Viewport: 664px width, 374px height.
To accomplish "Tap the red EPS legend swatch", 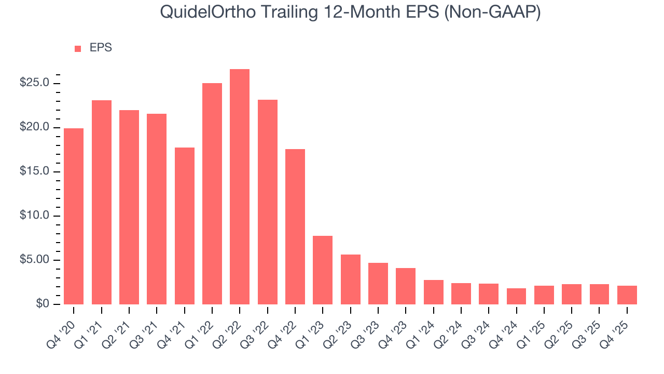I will pos(78,48).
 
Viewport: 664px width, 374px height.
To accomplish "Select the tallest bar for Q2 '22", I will pos(240,186).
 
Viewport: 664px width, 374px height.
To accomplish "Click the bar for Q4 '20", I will pos(74,216).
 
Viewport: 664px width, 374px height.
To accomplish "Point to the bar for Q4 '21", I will pos(185,226).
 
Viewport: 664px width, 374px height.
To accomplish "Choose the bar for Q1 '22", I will pos(212,193).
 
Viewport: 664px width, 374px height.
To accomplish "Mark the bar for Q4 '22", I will pos(295,226).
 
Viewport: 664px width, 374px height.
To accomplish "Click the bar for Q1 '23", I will pos(323,270).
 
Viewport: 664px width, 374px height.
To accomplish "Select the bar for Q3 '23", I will pos(378,284).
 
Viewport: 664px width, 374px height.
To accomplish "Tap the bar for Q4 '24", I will pos(516,296).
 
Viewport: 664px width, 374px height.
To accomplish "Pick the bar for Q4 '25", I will pos(627,295).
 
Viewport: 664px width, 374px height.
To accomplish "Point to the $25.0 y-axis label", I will pos(34,83).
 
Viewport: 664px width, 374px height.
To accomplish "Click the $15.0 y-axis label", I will pos(34,171).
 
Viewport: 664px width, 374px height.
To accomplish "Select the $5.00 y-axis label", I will pos(34,260).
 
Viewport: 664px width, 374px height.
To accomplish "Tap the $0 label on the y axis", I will pos(43,304).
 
